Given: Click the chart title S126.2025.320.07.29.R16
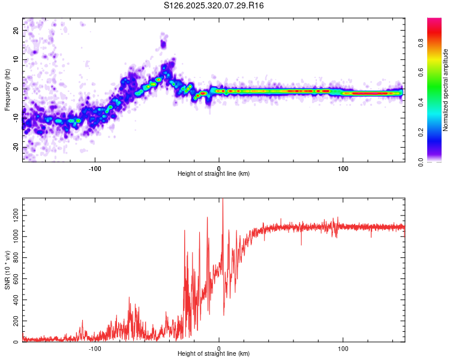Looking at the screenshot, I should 214,5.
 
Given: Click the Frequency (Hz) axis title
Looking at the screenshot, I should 7,90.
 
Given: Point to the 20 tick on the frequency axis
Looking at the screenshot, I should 16,30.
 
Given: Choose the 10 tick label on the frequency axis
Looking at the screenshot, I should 16,59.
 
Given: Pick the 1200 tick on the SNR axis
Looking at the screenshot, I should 12,215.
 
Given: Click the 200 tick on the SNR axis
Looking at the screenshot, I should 14,321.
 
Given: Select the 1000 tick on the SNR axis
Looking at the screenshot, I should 12,236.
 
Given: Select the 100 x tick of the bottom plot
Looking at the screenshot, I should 343,348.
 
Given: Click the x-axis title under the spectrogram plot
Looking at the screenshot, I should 214,174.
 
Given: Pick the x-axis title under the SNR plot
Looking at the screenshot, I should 214,355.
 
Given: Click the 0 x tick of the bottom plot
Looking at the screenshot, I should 219,348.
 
